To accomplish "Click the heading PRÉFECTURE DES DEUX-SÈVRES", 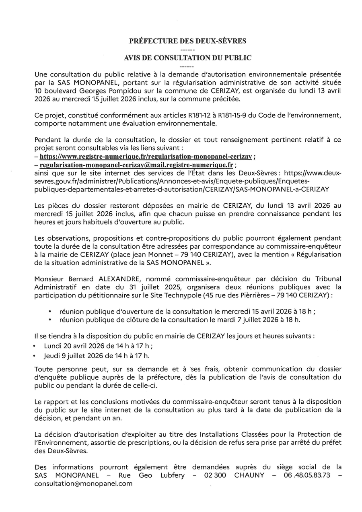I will (187, 41).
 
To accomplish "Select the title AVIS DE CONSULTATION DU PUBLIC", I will (187, 58).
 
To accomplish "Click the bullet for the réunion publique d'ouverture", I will (49, 312).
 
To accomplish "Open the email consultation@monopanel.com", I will (83, 484).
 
